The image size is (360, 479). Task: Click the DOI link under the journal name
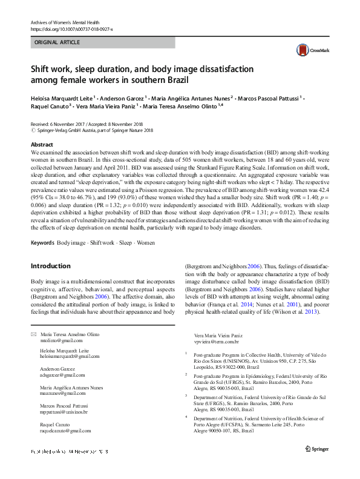(x=71, y=29)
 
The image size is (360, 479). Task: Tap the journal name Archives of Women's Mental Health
(x=68, y=22)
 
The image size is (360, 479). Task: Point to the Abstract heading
(x=42, y=145)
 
